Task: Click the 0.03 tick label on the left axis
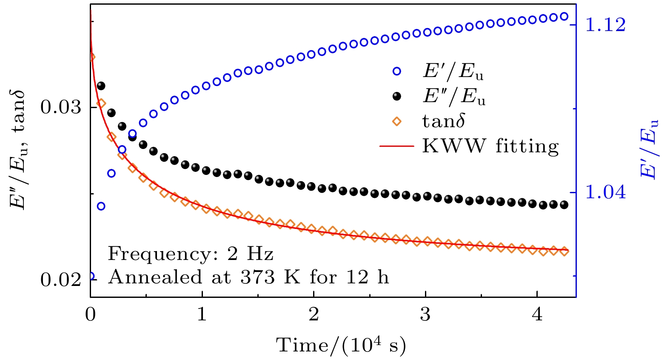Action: [x=60, y=107]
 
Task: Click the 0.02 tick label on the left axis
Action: [x=60, y=280]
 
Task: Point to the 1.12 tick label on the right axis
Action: [x=606, y=25]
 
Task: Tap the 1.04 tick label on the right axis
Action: [x=606, y=192]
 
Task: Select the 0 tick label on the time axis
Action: [x=91, y=314]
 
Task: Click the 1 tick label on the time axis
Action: [x=202, y=314]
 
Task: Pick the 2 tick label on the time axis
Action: [x=314, y=314]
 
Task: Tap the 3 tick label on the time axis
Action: [x=425, y=314]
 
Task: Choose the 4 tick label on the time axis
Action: [x=537, y=314]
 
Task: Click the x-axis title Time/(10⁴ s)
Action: [x=341, y=345]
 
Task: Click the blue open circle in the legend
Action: [x=397, y=72]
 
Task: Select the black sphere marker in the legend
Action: [x=397, y=97]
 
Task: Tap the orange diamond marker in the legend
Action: [x=397, y=122]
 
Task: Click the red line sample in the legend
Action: [x=396, y=146]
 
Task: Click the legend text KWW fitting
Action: [x=490, y=146]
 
